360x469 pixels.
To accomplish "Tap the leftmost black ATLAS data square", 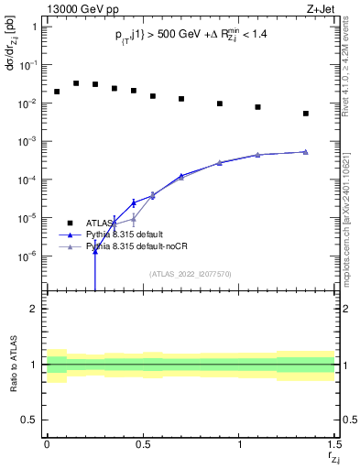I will click(x=57, y=92).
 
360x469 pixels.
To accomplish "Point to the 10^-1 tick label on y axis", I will click(x=29, y=65).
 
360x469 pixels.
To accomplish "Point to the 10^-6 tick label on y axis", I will click(x=29, y=256).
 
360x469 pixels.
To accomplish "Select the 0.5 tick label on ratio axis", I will click(x=31, y=420).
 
